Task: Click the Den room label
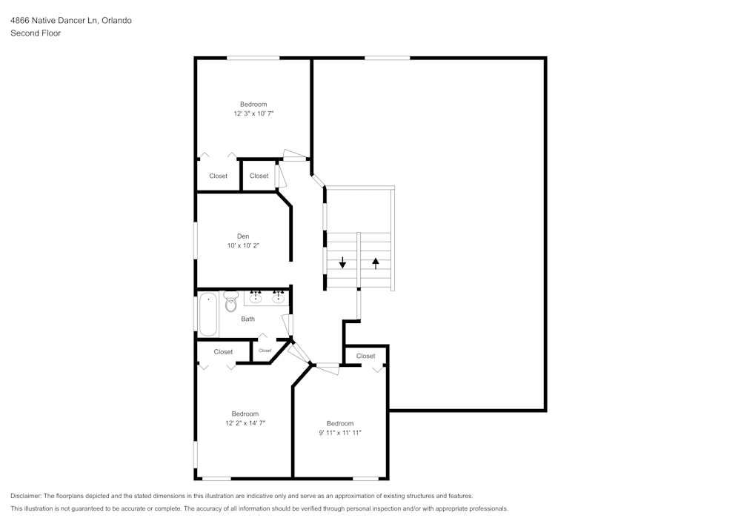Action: (x=243, y=236)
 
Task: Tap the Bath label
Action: (x=247, y=319)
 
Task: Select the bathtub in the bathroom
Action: (x=208, y=314)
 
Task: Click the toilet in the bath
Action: (x=230, y=302)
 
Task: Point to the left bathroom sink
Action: (x=256, y=297)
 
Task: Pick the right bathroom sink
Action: (x=278, y=297)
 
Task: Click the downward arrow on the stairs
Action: (x=342, y=262)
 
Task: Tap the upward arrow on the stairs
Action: (x=376, y=263)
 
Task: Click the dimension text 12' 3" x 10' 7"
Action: (x=253, y=113)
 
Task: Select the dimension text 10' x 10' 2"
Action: (x=243, y=246)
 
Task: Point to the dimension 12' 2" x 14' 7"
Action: (x=245, y=423)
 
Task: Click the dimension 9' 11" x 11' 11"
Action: (x=340, y=433)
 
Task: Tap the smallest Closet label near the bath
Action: (x=265, y=351)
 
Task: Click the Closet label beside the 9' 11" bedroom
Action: (x=366, y=356)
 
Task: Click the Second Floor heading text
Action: (x=36, y=33)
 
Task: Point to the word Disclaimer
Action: (x=26, y=496)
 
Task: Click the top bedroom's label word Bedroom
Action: (x=253, y=105)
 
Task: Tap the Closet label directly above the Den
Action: (x=259, y=176)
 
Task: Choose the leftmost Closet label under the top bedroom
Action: (x=219, y=176)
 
